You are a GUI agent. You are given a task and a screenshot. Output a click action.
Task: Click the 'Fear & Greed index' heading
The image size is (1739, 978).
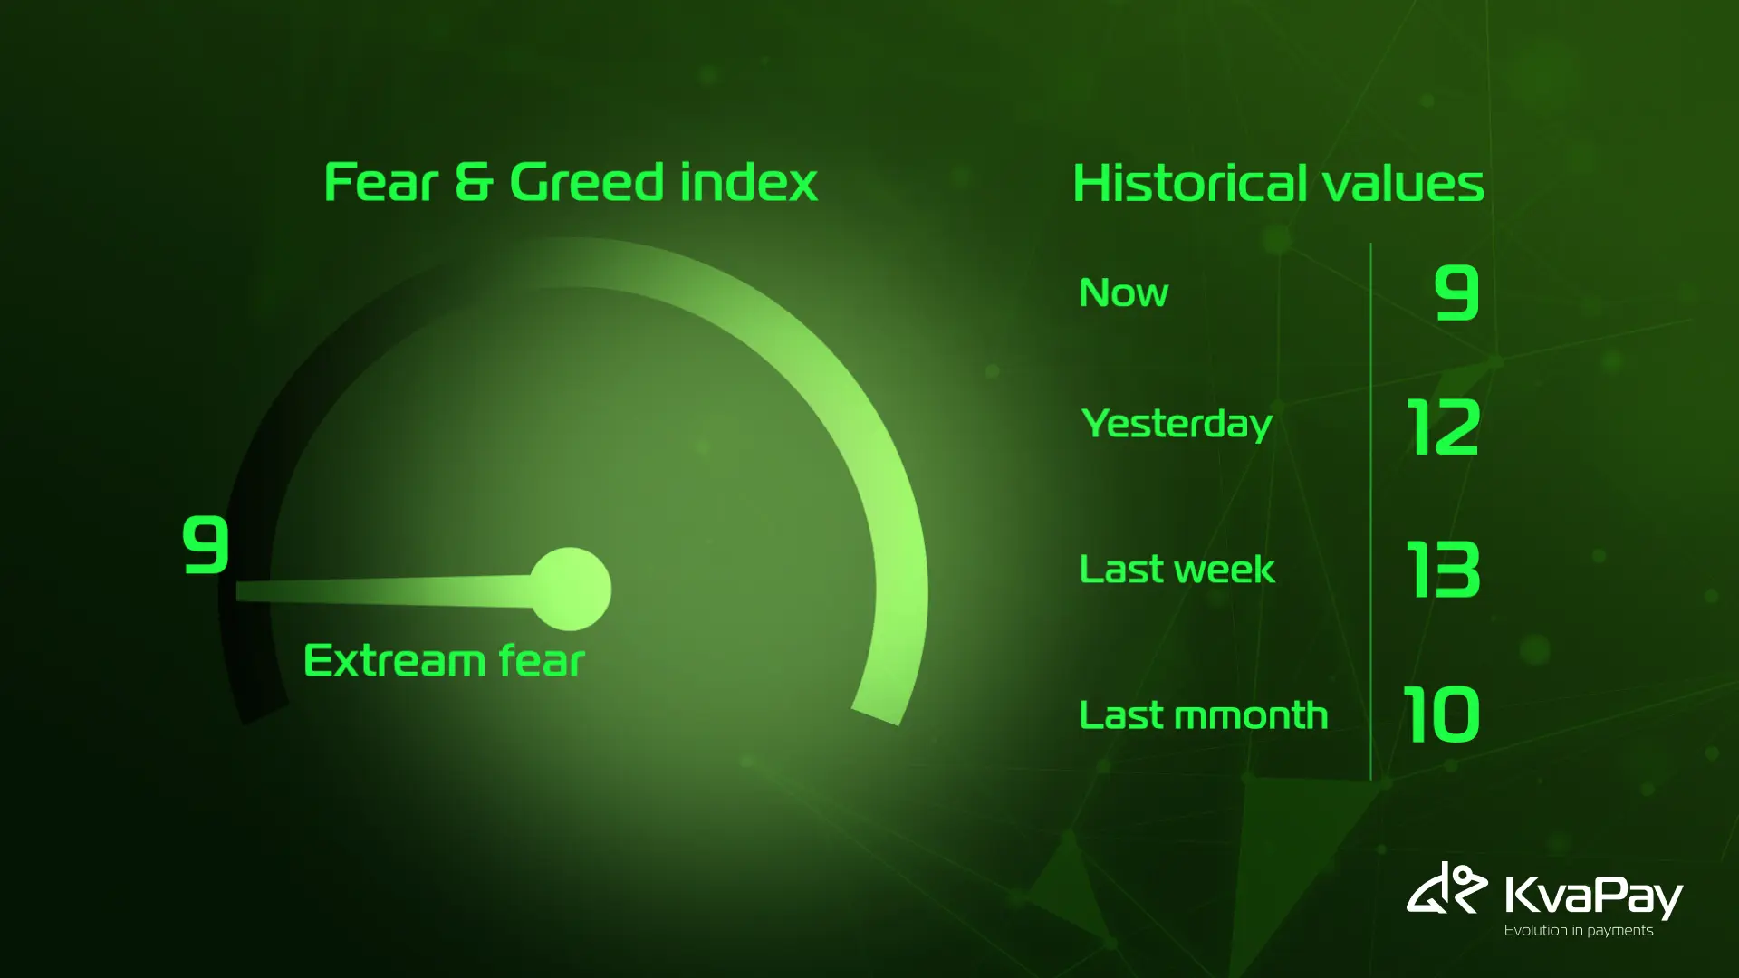click(x=571, y=182)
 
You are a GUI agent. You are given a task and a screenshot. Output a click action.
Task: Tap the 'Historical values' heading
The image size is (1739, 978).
click(x=1278, y=183)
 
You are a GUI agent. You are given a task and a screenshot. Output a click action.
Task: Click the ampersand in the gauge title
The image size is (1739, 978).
click(x=474, y=182)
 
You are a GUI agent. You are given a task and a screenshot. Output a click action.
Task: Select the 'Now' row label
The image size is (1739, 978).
click(x=1123, y=292)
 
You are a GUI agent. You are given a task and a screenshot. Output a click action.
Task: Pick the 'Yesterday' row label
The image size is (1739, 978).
click(x=1177, y=424)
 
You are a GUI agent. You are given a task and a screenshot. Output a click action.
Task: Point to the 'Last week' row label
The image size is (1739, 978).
click(x=1177, y=569)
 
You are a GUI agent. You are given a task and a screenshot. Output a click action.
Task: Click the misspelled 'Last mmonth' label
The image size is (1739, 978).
click(x=1203, y=714)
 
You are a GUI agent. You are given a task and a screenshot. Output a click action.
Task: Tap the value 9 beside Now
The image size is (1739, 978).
click(x=1456, y=293)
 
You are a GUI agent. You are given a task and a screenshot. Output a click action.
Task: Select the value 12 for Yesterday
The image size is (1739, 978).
click(x=1444, y=427)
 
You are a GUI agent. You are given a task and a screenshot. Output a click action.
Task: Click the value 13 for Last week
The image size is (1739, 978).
click(x=1444, y=570)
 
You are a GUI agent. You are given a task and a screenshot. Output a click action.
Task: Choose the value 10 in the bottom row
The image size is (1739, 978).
click(x=1441, y=714)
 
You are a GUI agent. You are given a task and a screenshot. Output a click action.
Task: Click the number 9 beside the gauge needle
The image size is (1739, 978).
click(x=206, y=544)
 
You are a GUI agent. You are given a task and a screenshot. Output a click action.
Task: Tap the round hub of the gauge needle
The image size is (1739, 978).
click(x=570, y=589)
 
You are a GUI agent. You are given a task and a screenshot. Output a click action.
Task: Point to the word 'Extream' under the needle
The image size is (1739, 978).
click(x=394, y=660)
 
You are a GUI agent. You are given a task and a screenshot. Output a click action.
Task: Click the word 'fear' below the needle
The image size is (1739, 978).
click(x=542, y=659)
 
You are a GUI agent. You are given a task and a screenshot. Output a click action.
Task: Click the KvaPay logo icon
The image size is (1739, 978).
click(x=1446, y=888)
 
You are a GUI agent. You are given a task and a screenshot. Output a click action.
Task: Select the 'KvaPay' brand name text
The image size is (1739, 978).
click(x=1593, y=896)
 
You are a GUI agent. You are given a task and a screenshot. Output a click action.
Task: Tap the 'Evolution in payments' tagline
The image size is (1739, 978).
click(x=1579, y=930)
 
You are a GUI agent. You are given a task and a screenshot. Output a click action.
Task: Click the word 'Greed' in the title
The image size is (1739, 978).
click(x=587, y=182)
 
